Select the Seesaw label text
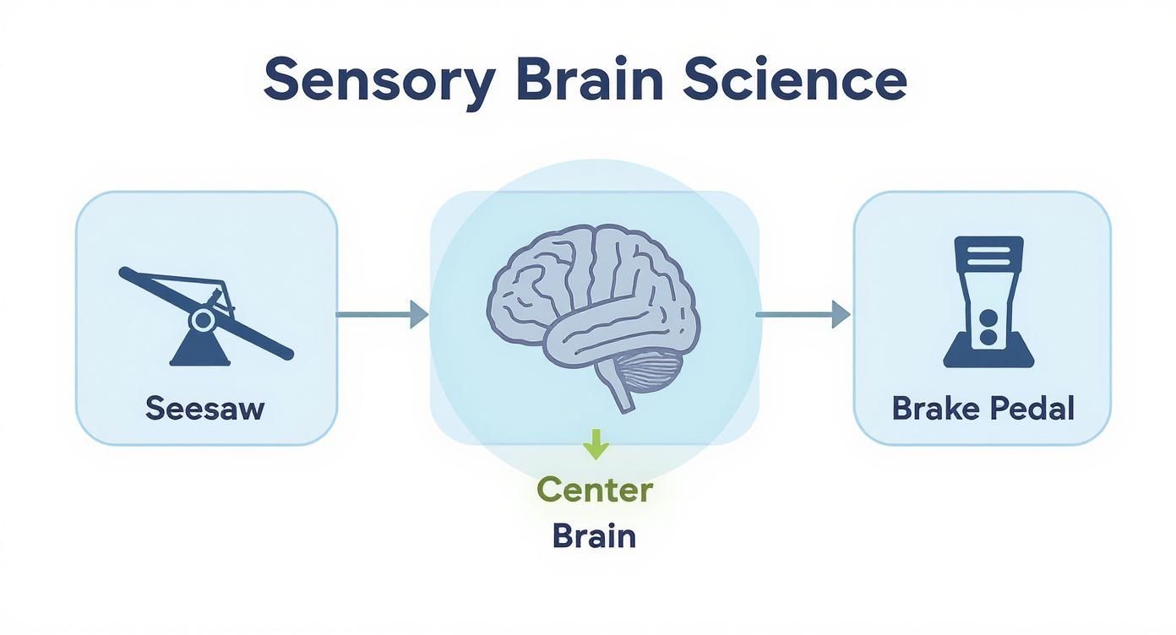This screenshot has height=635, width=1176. pos(205,409)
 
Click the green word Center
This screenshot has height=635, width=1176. pos(595,490)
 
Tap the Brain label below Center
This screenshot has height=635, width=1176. pos(595,535)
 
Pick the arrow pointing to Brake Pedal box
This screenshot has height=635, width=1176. pos(803,314)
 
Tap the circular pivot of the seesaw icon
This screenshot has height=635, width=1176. pos(203,318)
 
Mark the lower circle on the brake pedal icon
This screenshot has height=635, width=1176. pos(988,339)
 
